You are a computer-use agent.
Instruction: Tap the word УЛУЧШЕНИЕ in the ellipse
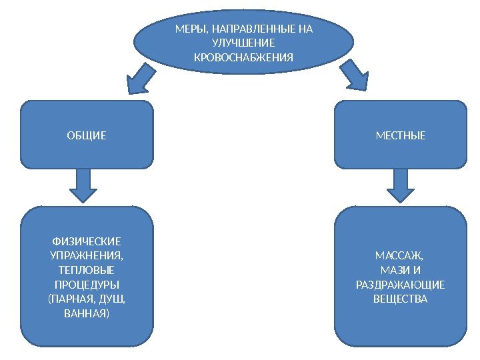[243, 43]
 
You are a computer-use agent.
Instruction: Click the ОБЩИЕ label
[87, 136]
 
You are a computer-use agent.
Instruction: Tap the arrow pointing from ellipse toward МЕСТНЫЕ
[354, 77]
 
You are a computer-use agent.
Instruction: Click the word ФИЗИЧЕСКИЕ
[87, 241]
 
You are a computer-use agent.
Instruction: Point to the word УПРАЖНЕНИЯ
[87, 256]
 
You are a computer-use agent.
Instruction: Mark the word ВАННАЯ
[87, 313]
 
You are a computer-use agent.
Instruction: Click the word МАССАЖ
[400, 256]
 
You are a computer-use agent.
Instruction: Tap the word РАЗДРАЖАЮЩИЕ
[400, 285]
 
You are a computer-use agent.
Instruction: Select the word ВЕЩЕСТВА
[400, 299]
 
